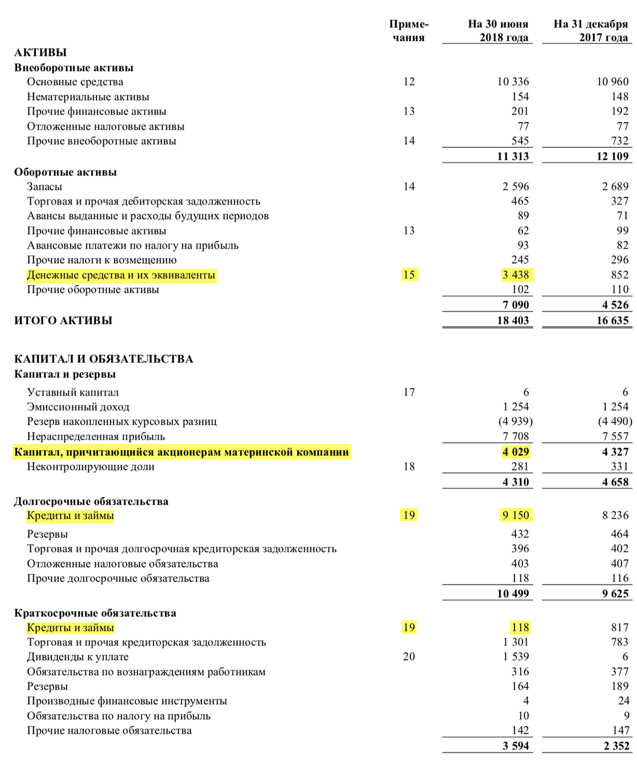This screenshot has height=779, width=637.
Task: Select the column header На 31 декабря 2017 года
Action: coord(590,31)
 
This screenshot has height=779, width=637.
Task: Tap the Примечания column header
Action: coord(408,31)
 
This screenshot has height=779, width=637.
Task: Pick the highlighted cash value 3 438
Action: coord(517,275)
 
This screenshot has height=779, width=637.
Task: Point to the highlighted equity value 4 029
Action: coord(515,452)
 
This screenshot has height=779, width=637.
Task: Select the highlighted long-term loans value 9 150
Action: coord(515,515)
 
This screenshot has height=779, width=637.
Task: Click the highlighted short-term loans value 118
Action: coord(520,628)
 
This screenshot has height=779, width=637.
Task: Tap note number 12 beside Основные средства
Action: coord(409,82)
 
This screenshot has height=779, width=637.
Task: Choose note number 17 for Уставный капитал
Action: coord(409,392)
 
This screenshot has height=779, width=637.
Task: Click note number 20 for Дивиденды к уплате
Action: coord(409,657)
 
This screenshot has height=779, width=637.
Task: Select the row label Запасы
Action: coord(45,187)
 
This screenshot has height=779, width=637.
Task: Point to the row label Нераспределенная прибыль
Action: coord(96,437)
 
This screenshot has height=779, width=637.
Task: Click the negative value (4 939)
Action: coord(515,421)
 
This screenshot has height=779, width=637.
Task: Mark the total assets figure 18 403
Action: coord(513,320)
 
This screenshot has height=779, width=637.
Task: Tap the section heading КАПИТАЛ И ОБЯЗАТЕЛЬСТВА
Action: coord(104,359)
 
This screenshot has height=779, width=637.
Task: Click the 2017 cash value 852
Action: coord(619,275)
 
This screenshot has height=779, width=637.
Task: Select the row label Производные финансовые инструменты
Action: coord(127,701)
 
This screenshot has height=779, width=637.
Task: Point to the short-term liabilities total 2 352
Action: coord(616,746)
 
